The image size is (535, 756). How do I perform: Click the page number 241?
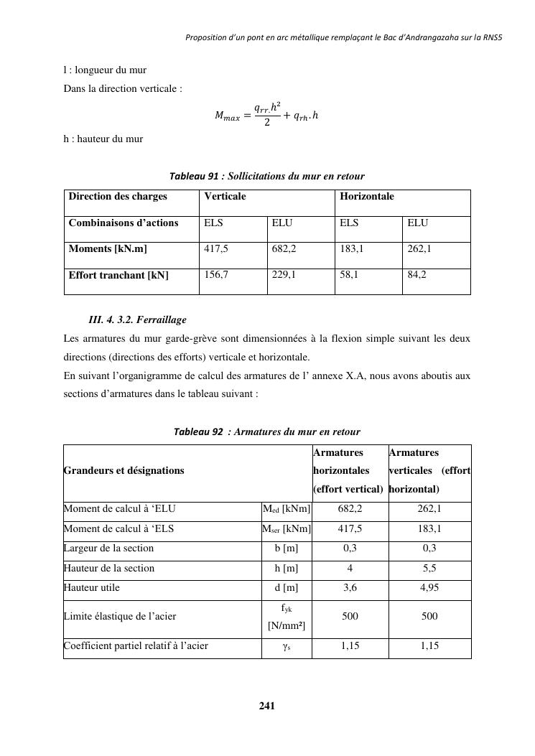(x=267, y=706)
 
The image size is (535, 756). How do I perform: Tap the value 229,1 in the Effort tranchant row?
(x=284, y=275)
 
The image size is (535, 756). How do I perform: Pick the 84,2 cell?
(x=417, y=275)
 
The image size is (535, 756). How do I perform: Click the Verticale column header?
(x=225, y=197)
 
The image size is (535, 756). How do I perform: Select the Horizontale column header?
(x=367, y=197)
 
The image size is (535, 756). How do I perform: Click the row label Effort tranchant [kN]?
(x=118, y=276)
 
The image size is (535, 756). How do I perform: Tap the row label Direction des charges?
(x=118, y=197)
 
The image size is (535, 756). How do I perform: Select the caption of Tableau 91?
(x=266, y=176)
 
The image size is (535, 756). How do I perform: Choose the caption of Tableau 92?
(x=266, y=431)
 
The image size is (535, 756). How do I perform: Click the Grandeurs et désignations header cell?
(x=124, y=471)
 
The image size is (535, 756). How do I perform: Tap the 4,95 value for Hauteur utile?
(x=429, y=588)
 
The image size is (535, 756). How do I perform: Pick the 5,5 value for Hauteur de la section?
(x=429, y=569)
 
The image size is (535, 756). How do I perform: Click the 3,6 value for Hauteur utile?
(x=350, y=588)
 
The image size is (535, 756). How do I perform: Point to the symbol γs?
(x=287, y=646)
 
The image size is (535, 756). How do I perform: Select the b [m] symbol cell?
(x=287, y=549)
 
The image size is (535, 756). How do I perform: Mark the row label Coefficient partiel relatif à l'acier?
(x=136, y=646)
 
